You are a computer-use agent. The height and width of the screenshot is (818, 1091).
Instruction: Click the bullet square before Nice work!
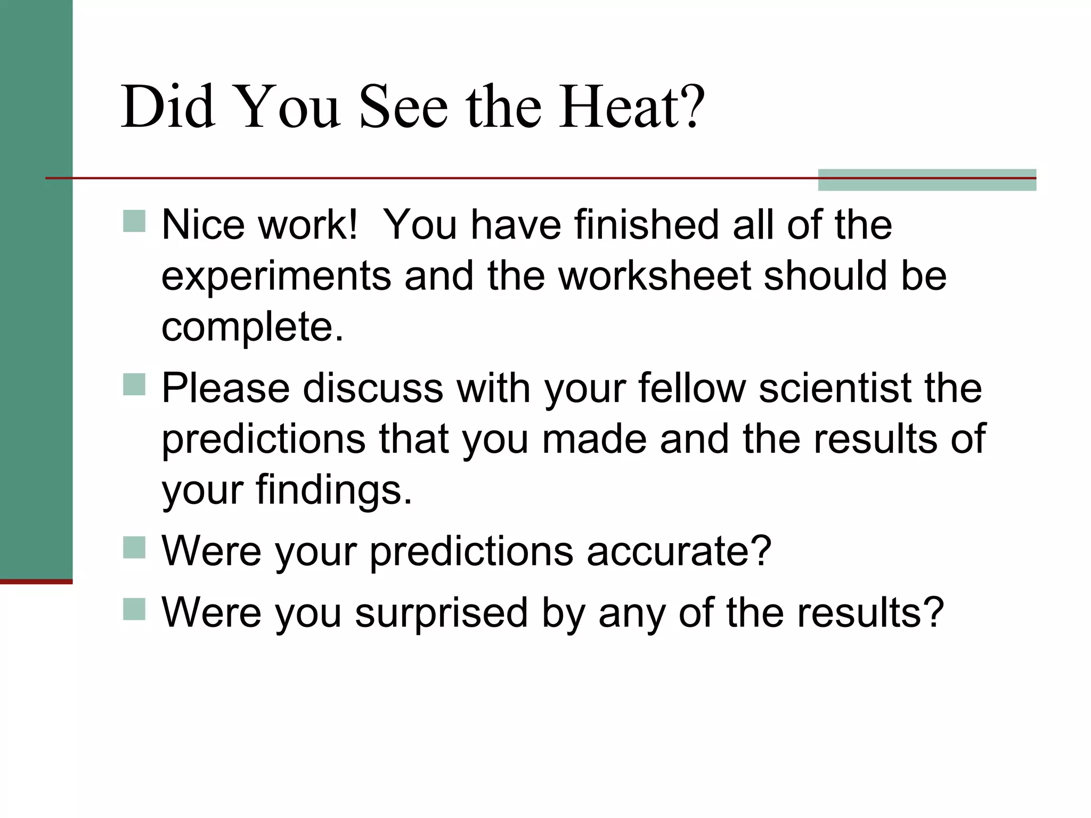(x=134, y=221)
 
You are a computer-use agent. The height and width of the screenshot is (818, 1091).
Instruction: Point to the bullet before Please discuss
(x=134, y=384)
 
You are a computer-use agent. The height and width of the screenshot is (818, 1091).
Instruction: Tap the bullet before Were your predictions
(x=134, y=547)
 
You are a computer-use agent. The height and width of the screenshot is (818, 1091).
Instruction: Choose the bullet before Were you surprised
(x=134, y=609)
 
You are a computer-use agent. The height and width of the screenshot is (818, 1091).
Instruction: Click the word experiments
(x=276, y=277)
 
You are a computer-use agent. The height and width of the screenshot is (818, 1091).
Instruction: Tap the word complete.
(x=253, y=327)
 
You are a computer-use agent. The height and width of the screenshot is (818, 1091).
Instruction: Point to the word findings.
(x=334, y=490)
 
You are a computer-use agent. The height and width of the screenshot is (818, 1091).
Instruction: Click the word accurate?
(x=679, y=551)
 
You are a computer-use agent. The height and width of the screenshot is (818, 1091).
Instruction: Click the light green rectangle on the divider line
(x=927, y=180)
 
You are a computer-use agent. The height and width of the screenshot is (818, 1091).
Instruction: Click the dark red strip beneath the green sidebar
(x=36, y=582)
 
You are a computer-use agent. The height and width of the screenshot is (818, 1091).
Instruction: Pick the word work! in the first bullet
(x=307, y=225)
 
